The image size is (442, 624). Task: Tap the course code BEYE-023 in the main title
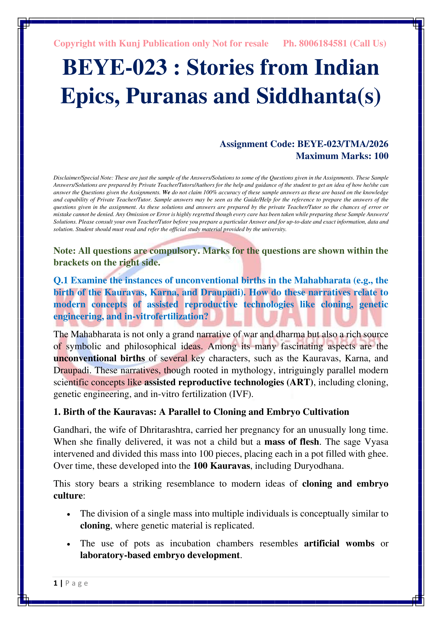(115, 67)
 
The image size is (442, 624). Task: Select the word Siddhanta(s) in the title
(319, 96)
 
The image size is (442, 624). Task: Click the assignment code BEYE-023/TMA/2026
(343, 144)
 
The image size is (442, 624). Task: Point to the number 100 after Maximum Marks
(381, 156)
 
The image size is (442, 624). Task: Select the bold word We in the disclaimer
(166, 192)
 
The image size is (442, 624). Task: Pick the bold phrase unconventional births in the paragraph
(99, 358)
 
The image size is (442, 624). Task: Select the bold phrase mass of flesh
(292, 442)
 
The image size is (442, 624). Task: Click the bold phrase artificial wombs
(339, 543)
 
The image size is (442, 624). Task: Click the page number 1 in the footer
(56, 583)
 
